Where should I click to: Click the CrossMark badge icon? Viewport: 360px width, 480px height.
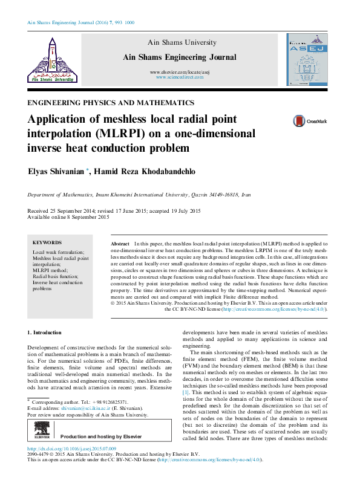pos(302,121)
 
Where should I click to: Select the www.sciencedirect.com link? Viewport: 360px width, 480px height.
pos(179,78)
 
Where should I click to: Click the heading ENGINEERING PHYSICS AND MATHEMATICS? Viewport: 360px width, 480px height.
pos(111,103)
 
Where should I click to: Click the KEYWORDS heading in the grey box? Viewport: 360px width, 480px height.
pos(47,241)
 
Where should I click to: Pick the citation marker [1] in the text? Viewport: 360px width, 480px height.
pos(186,392)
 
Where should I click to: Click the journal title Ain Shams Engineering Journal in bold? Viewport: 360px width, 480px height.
pos(179,57)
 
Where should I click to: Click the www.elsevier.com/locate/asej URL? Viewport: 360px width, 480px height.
pos(179,72)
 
